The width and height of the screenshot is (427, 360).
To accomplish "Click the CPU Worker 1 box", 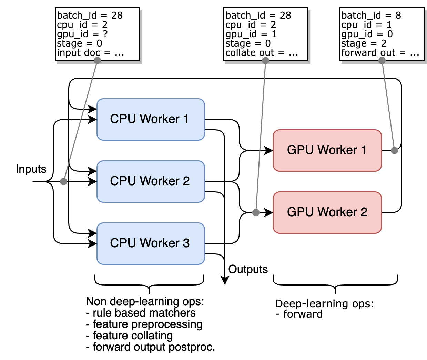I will (x=151, y=119).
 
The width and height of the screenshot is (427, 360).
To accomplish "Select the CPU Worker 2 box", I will (x=151, y=181).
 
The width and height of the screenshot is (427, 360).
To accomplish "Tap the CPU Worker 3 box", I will (x=151, y=243).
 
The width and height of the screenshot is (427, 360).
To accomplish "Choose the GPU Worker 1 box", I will (x=327, y=150).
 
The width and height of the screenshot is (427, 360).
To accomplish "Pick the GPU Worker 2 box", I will (x=327, y=212).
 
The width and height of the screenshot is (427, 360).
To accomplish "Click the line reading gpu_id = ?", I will (x=82, y=34).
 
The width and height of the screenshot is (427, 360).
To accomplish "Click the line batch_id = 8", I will (x=371, y=16).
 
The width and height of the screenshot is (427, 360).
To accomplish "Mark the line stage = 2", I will (x=364, y=43).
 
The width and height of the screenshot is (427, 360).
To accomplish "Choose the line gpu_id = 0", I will (x=367, y=34).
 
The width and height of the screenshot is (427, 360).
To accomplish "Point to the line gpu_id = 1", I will (x=251, y=34).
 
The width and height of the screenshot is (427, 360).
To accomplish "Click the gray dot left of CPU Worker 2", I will (x=63, y=181).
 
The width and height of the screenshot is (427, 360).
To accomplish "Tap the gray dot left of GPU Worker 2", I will (x=256, y=212).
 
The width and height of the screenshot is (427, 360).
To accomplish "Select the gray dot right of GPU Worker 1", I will (x=394, y=150).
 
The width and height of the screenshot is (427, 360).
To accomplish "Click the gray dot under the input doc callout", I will (x=98, y=61).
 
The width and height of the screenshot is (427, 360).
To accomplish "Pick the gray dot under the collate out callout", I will (x=265, y=61).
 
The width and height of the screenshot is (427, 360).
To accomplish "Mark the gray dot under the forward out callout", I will (x=382, y=61).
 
